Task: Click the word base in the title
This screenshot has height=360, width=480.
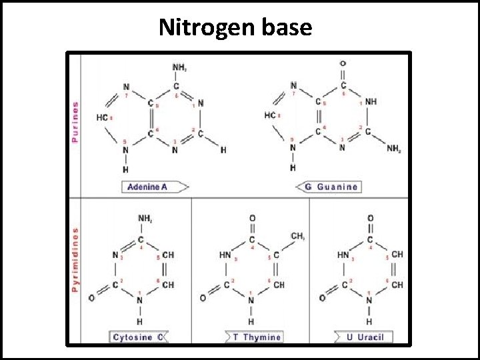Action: tap(288, 27)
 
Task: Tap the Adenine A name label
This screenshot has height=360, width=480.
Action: tap(148, 187)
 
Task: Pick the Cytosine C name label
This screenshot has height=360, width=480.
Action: tap(138, 337)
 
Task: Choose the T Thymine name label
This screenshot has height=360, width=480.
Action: tap(257, 337)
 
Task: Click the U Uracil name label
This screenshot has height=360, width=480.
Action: tap(365, 337)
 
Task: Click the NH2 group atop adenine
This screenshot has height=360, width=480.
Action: tap(179, 67)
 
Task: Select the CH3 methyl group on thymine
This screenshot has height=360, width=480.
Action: tap(297, 237)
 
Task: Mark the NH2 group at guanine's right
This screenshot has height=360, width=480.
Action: tap(394, 148)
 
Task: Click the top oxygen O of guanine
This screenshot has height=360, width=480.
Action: tap(343, 64)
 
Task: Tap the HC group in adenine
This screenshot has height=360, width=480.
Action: tap(102, 117)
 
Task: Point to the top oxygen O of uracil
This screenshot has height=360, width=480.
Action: tap(370, 218)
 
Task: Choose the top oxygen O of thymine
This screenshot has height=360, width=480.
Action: tap(252, 218)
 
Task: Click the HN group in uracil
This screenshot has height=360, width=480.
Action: tap(343, 255)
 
